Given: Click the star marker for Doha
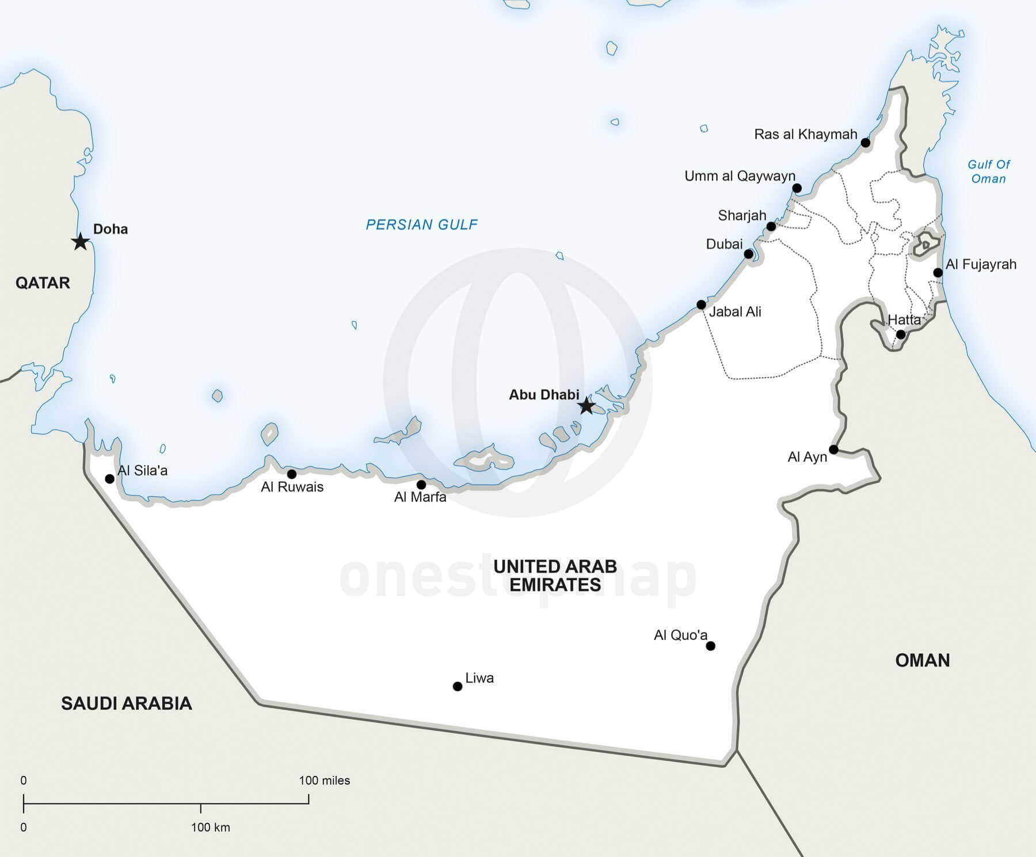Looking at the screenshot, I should (x=81, y=242).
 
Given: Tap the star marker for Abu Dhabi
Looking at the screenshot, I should (x=586, y=406).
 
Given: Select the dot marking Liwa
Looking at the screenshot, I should (x=458, y=686).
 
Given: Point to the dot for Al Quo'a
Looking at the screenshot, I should (x=710, y=646).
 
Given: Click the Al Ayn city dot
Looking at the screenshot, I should (x=833, y=450).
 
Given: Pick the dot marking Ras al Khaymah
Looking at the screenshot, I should (x=865, y=142).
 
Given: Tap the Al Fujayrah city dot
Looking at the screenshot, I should (x=938, y=273).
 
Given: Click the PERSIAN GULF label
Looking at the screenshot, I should (x=421, y=224).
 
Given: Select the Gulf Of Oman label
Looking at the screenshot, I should (x=988, y=172).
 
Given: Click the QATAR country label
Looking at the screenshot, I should (x=43, y=283).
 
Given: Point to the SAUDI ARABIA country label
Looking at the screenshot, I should (x=127, y=703).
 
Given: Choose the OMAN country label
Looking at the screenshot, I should (x=922, y=660).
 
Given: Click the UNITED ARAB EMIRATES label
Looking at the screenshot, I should (x=555, y=576).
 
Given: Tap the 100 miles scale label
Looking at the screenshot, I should (x=324, y=780).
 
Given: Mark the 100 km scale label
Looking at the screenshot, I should (x=210, y=828).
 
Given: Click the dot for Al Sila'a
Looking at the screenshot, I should (x=109, y=479).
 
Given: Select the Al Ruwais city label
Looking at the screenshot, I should (x=292, y=487).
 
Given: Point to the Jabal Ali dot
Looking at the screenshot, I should (x=701, y=304).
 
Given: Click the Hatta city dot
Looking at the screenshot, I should (x=901, y=334).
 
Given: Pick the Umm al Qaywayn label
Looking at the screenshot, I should (x=740, y=176).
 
